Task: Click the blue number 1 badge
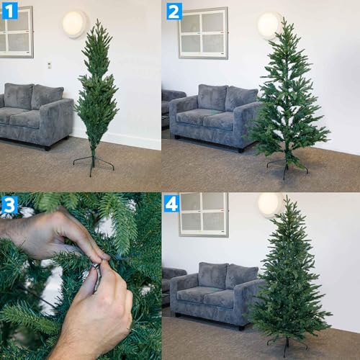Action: pyautogui.click(x=9, y=9)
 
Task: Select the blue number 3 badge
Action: pyautogui.click(x=9, y=204)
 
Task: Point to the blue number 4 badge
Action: pyautogui.click(x=171, y=204)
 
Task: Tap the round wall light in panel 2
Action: pyautogui.click(x=269, y=24)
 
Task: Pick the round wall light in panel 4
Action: pyautogui.click(x=269, y=204)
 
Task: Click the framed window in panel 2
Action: pyautogui.click(x=203, y=32)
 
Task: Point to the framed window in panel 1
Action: pyautogui.click(x=16, y=31)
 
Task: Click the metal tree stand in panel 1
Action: pyautogui.click(x=94, y=163)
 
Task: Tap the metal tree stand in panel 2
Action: pyautogui.click(x=286, y=166)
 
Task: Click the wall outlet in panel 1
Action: pyautogui.click(x=49, y=65)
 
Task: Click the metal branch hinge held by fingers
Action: pyautogui.click(x=95, y=272)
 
